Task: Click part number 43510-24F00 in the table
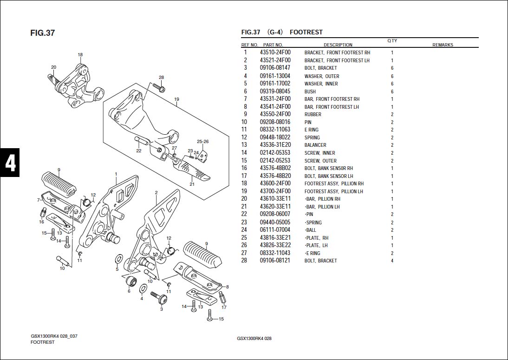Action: click(x=275, y=52)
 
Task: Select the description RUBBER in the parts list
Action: click(x=313, y=114)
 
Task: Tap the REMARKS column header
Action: click(x=443, y=45)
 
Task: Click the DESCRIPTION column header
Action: click(x=338, y=45)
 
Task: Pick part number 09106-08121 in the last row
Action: click(x=275, y=261)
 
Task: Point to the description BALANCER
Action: click(x=315, y=145)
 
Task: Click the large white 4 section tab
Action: click(x=10, y=163)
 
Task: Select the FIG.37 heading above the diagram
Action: click(x=42, y=33)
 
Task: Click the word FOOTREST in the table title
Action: click(x=306, y=32)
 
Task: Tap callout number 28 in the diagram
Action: click(x=161, y=78)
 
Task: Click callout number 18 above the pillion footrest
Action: click(x=80, y=55)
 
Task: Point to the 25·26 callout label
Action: click(x=203, y=142)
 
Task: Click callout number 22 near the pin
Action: click(x=139, y=151)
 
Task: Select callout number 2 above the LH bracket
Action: click(x=156, y=193)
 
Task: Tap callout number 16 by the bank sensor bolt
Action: click(x=41, y=222)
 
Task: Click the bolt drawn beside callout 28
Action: click(x=159, y=87)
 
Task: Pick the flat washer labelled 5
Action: click(x=119, y=259)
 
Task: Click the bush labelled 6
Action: click(x=131, y=281)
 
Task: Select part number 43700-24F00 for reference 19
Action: click(x=275, y=191)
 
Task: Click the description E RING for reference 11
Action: click(x=311, y=130)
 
